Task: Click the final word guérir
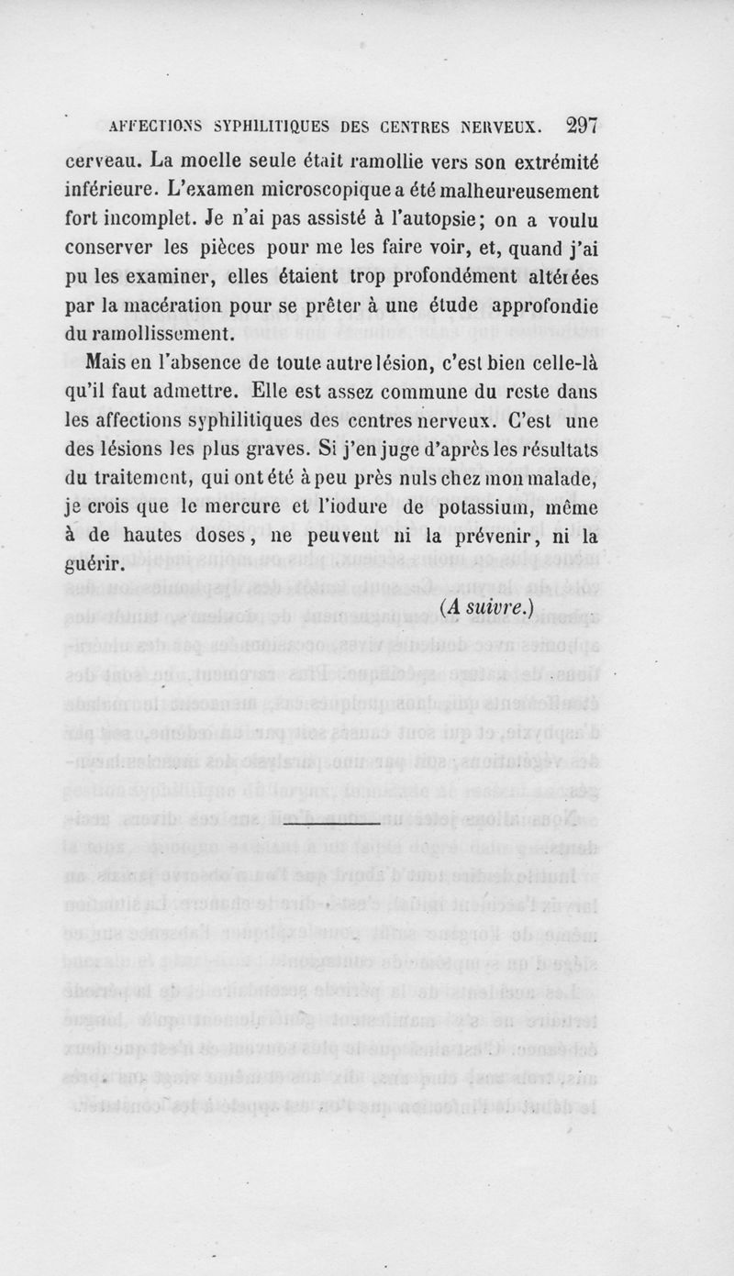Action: pos(94,565)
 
